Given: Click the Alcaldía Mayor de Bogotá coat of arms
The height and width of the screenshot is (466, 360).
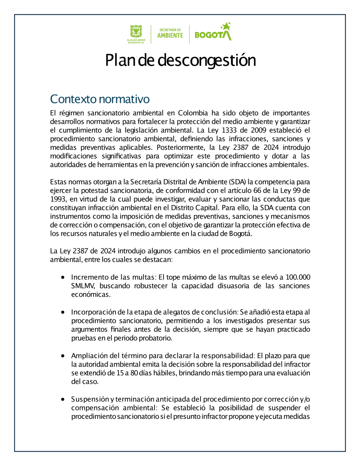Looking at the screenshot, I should [136, 32].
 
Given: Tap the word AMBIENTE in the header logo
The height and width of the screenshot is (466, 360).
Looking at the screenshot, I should [170, 36].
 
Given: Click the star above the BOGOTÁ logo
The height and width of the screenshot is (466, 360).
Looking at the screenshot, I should [226, 26].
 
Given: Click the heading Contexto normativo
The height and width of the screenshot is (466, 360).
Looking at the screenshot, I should [100, 99].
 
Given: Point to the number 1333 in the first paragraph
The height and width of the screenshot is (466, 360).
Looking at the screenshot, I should [229, 130].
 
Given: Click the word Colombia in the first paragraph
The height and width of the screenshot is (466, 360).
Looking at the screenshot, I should [193, 113].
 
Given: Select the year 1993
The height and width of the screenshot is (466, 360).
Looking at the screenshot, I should [58, 199].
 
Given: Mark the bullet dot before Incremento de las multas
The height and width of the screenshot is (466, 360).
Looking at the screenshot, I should [63, 277].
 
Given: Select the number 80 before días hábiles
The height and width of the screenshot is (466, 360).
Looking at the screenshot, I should [134, 373].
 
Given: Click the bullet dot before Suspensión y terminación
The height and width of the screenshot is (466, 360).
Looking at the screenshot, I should [63, 399].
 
